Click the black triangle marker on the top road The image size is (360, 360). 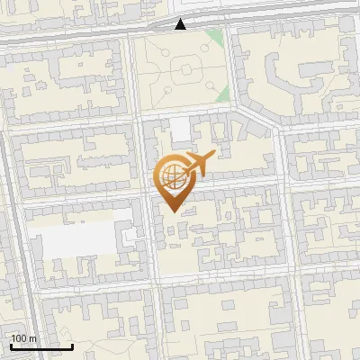181,24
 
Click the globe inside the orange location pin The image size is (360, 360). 170,176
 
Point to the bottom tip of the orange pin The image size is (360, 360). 171,211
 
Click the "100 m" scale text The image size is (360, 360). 23,338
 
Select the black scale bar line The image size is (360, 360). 41,346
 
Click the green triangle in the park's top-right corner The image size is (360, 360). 213,38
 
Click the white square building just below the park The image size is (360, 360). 181,130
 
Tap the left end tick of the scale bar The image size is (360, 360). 11,346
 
